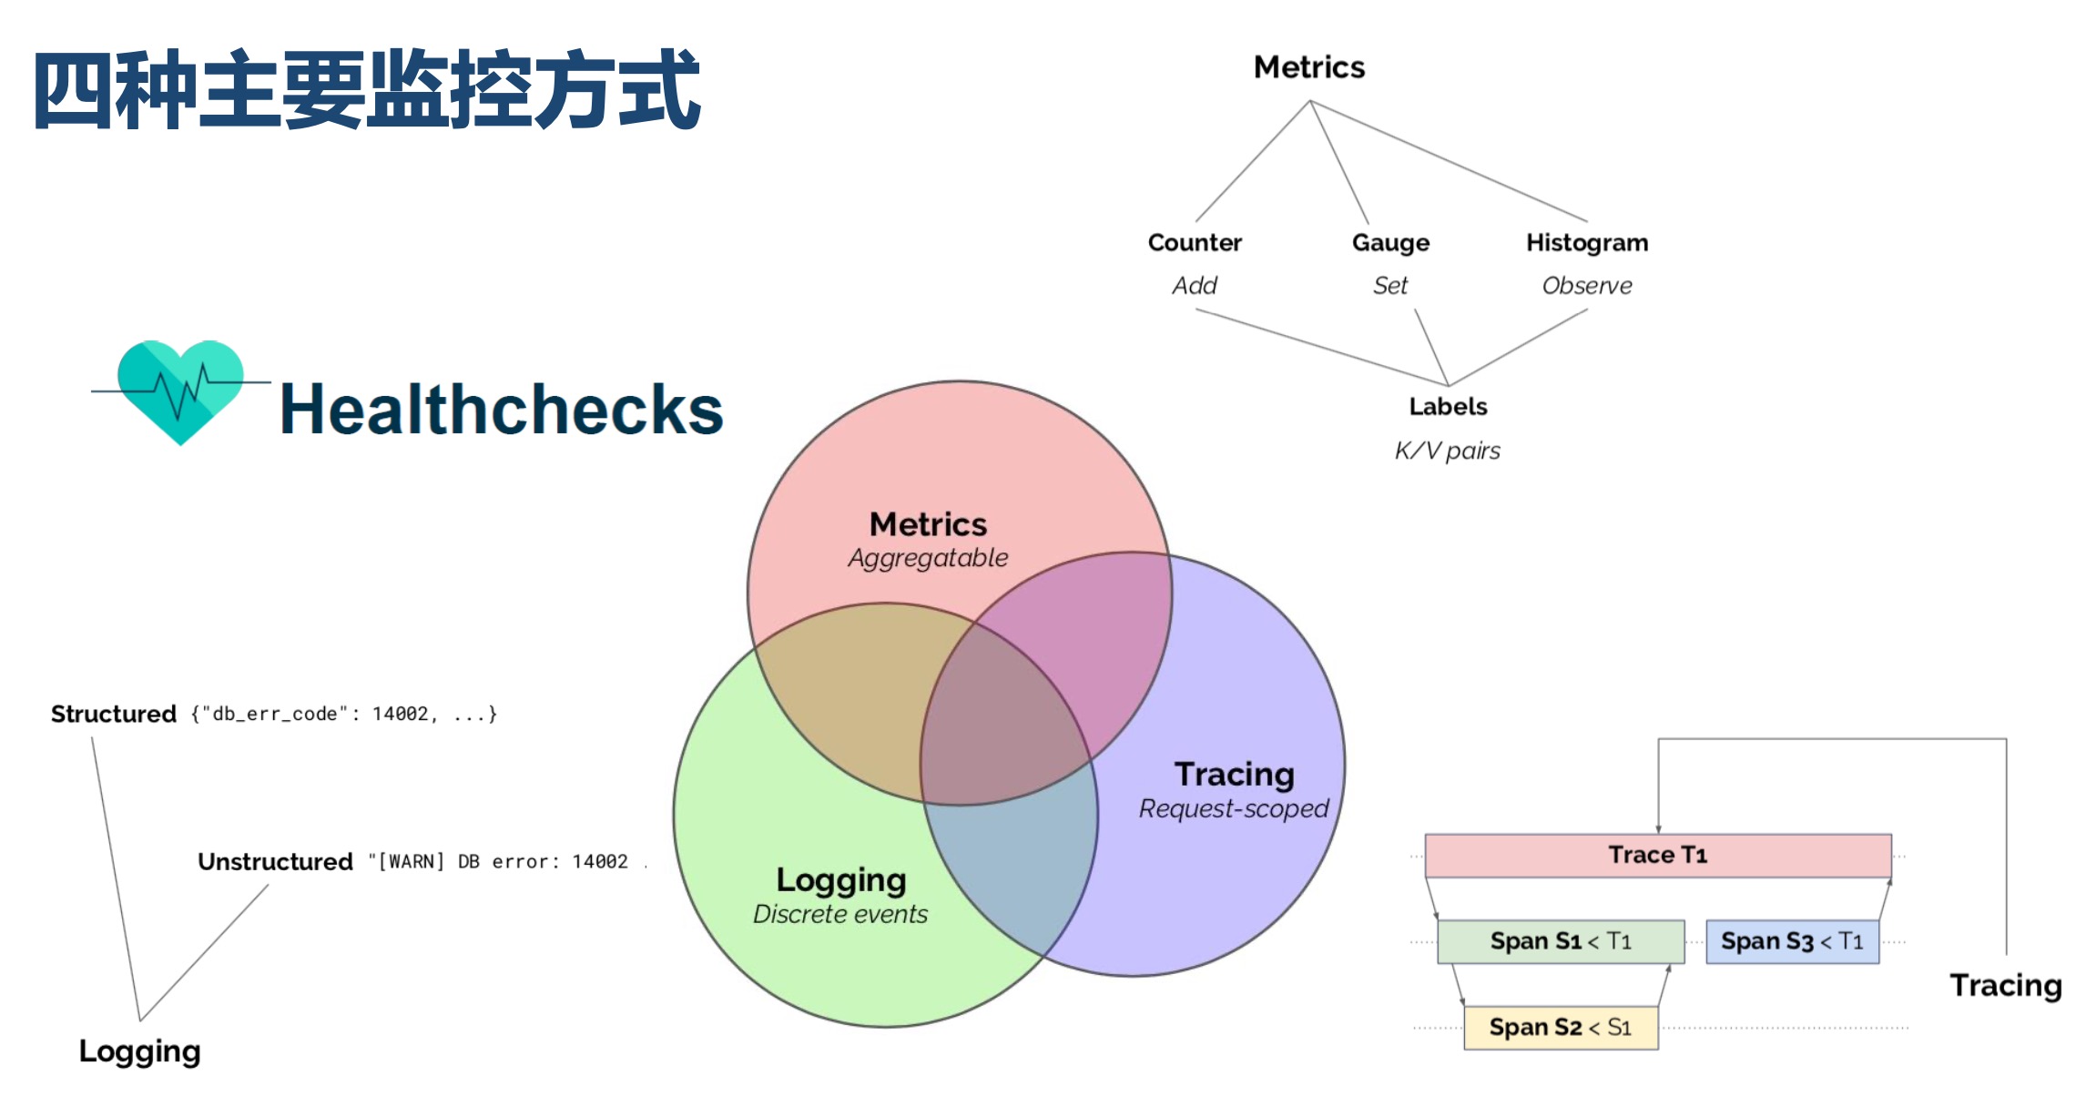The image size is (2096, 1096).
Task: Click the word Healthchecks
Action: [501, 409]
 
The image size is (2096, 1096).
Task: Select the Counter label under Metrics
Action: [1195, 242]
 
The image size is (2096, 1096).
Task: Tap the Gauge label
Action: [1390, 242]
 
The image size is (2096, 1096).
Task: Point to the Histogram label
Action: [1587, 242]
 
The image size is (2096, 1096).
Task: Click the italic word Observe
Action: [1587, 286]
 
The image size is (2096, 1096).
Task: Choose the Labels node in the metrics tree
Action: [1448, 406]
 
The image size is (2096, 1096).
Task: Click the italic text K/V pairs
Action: [1448, 451]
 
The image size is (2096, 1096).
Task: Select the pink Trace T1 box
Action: [1657, 855]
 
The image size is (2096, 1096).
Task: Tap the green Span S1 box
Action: [1560, 941]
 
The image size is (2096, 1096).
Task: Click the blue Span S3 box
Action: [1791, 941]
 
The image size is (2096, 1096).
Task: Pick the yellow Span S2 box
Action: [1560, 1027]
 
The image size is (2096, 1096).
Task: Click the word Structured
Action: [114, 714]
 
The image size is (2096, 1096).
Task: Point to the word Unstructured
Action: [275, 861]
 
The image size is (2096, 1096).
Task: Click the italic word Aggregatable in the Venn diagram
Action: [928, 558]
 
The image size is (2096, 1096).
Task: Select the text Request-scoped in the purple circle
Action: [1234, 808]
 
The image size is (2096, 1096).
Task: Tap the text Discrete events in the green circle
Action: [839, 914]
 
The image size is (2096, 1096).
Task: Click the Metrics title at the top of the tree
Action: [1309, 67]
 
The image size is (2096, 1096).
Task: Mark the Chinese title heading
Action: [367, 91]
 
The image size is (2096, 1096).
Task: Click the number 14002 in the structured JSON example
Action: [400, 714]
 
